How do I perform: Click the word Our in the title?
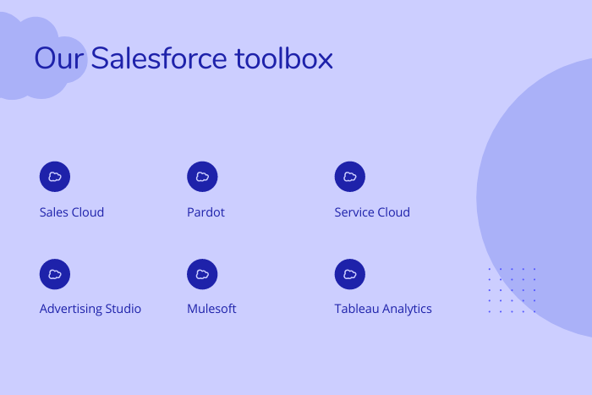[x=59, y=58]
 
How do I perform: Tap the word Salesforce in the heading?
[x=159, y=58]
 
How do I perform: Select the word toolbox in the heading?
[x=284, y=58]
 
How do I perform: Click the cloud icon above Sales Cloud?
[x=55, y=177]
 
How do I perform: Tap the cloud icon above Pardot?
[x=202, y=177]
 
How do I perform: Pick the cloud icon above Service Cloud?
[x=350, y=177]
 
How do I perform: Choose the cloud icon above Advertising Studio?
[x=55, y=274]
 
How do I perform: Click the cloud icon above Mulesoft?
[x=202, y=274]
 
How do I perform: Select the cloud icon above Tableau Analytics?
[x=350, y=274]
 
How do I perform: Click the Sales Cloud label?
[x=72, y=212]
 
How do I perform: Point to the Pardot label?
[x=206, y=212]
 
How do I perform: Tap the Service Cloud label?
[x=372, y=212]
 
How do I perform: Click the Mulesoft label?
[x=211, y=309]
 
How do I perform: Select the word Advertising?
[x=71, y=310]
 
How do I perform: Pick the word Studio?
[x=123, y=309]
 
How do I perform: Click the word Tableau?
[x=357, y=309]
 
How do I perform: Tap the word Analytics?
[x=407, y=310]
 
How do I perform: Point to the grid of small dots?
[x=512, y=290]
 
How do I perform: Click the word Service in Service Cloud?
[x=354, y=212]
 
